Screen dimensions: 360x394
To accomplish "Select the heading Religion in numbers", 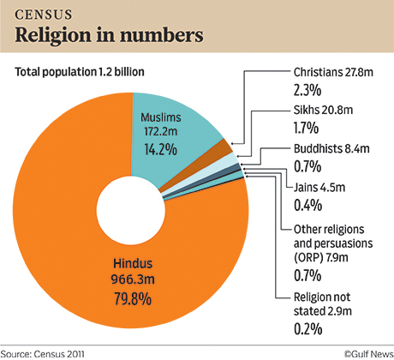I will point(107,35).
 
